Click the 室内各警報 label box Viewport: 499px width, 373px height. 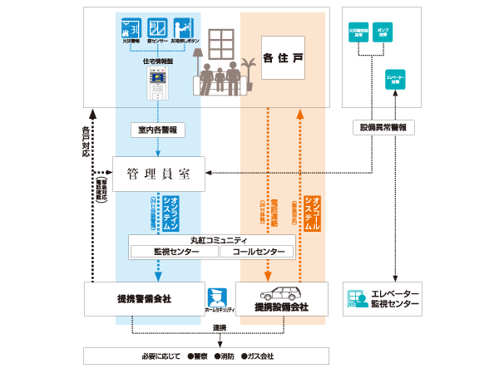157,130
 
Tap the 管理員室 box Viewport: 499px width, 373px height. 158,174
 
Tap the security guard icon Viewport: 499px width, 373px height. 217,296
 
